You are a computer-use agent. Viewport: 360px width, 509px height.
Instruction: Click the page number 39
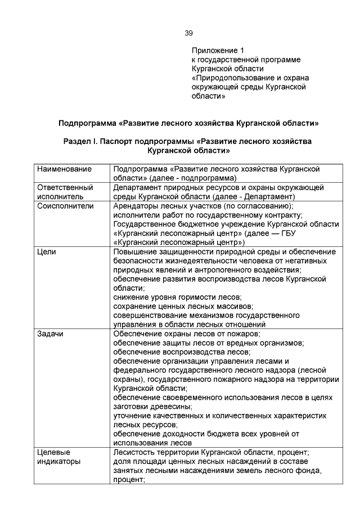189,33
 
